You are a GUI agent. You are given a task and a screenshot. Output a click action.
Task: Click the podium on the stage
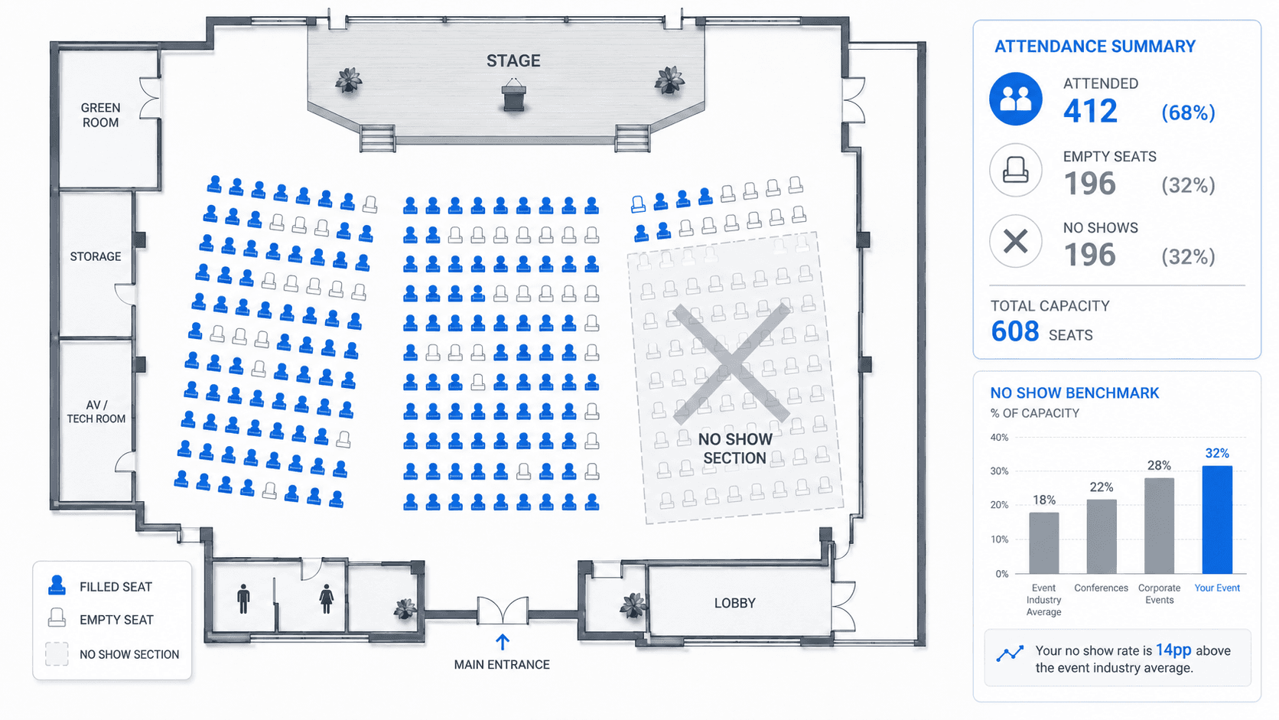[514, 96]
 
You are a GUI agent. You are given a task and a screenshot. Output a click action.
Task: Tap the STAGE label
[513, 60]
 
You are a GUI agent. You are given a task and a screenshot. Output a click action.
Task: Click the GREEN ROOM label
[100, 115]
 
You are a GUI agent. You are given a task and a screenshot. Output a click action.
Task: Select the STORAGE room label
[96, 256]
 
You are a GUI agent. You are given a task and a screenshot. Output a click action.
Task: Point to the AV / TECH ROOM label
[96, 412]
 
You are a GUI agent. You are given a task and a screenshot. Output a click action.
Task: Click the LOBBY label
[735, 603]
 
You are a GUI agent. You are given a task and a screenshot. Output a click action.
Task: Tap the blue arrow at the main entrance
[503, 642]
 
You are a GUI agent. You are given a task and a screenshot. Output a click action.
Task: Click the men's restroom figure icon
[244, 598]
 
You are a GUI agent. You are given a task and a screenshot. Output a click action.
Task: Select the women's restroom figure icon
[327, 598]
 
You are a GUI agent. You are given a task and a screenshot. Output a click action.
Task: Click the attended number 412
[1090, 111]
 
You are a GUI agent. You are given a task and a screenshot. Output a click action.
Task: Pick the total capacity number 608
[1014, 331]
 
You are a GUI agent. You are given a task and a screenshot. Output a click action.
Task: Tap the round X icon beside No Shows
[1016, 241]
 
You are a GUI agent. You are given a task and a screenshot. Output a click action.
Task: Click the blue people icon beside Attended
[1016, 99]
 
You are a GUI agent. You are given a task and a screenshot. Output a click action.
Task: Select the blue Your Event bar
[1217, 520]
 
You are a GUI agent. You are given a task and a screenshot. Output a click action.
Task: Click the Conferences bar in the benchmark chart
[1102, 536]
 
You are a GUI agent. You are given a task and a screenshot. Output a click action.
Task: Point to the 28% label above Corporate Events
[1159, 465]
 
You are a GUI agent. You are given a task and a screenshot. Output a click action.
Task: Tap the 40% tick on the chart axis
[999, 438]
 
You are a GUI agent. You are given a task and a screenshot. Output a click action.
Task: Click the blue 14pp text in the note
[1173, 650]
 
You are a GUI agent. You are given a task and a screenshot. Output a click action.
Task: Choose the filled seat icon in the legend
[57, 585]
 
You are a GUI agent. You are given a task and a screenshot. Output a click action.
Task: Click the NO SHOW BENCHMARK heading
[1075, 393]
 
